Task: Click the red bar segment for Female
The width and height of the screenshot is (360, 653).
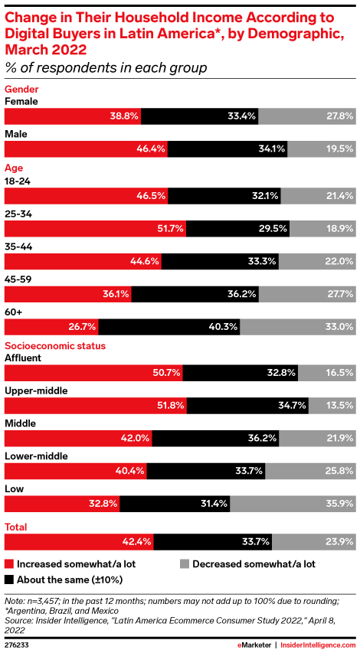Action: click(73, 116)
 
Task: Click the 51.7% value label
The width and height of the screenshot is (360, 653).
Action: click(168, 228)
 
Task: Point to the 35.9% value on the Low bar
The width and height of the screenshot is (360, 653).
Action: click(337, 504)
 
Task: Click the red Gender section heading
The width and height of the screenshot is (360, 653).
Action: click(22, 89)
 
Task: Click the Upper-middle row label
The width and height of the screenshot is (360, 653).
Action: click(36, 390)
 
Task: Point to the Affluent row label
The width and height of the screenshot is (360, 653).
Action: click(26, 358)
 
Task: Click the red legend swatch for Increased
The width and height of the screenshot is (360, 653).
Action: click(9, 563)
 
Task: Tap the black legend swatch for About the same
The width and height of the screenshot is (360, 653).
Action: click(9, 580)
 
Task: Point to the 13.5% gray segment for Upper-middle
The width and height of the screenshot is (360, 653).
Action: click(331, 406)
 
